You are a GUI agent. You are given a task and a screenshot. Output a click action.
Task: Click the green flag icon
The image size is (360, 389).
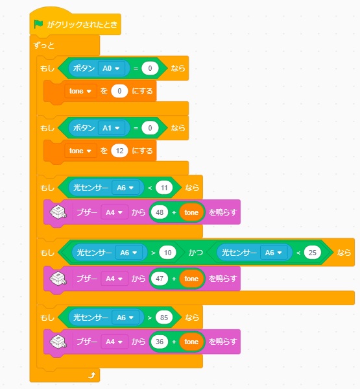38,24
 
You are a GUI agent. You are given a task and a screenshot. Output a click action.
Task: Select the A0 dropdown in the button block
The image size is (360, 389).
112,68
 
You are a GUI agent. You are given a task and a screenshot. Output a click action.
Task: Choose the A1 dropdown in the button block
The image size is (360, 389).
112,128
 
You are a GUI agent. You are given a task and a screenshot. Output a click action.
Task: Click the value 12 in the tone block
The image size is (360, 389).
119,151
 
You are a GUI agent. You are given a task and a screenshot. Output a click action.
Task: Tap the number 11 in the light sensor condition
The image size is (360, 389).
164,188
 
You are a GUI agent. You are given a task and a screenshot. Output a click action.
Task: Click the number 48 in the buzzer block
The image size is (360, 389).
160,212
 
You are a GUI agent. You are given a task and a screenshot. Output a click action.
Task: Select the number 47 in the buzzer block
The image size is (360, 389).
160,279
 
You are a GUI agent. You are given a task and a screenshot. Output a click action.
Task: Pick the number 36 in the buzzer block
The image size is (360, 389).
160,342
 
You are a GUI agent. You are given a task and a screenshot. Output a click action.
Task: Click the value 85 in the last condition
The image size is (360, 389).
164,318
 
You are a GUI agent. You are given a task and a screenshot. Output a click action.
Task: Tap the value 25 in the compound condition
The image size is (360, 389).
313,253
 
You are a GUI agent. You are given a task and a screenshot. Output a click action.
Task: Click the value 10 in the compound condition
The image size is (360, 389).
167,253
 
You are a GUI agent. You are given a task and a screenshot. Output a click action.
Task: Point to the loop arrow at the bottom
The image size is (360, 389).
91,375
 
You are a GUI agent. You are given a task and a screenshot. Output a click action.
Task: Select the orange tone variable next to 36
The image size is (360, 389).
191,342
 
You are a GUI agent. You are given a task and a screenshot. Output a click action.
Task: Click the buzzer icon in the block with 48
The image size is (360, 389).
58,212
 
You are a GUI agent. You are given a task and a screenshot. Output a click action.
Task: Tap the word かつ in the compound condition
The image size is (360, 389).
195,253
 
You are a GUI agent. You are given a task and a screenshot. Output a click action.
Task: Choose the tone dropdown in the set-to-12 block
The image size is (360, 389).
80,151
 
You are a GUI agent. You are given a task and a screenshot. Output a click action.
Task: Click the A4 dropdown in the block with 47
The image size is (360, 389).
114,279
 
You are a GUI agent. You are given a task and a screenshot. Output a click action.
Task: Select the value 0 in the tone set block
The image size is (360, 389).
119,91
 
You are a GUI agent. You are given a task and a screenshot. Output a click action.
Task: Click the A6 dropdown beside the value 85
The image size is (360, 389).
125,318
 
